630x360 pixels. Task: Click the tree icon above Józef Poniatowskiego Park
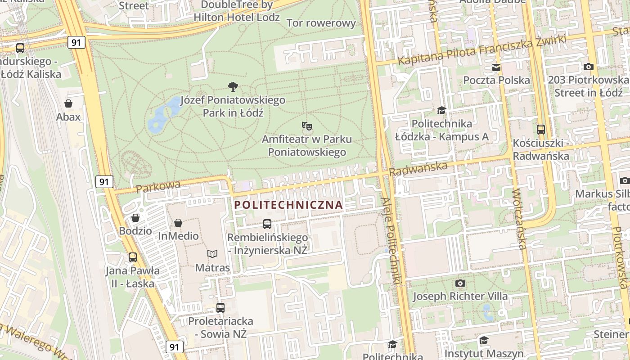233,86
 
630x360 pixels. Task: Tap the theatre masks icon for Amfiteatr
307,126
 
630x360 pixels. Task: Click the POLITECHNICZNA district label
289,205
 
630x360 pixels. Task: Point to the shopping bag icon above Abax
68,103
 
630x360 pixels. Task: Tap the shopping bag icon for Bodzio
135,218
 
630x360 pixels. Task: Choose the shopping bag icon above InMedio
178,223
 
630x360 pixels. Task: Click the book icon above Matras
212,254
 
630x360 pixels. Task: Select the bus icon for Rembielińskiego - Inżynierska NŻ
267,224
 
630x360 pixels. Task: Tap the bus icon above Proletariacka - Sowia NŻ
220,308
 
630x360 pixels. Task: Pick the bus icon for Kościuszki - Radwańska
541,130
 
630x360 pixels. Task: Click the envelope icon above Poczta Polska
496,67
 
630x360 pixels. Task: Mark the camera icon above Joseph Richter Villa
460,283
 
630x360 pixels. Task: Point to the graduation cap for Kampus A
441,110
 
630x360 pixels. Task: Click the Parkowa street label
158,186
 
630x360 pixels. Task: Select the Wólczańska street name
518,219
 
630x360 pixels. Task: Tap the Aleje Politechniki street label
390,241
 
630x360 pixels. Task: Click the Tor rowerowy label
321,23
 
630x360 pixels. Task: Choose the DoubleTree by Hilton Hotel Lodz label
237,11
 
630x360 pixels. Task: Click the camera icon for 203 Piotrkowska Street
588,67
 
